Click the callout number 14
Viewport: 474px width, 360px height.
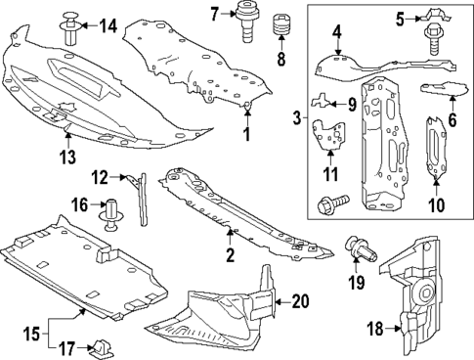(108, 25)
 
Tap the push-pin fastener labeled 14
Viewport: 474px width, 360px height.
(72, 26)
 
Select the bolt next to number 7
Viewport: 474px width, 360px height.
(245, 22)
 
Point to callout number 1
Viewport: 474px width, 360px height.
(247, 132)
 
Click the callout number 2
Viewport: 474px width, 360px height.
(231, 256)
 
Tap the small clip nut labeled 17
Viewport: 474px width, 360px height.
(100, 346)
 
